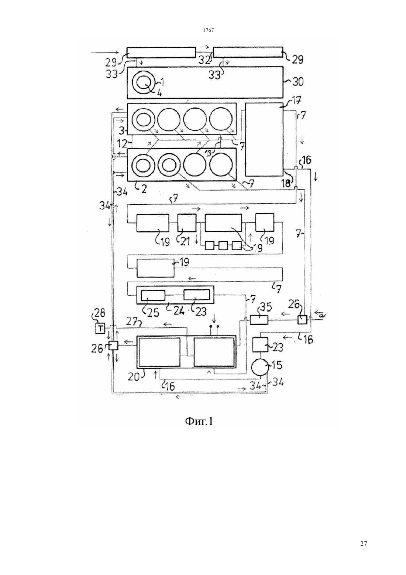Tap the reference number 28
click(99, 313)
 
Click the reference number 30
click(297, 82)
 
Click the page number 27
click(364, 550)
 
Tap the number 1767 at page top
click(208, 30)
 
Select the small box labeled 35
click(259, 320)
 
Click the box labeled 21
click(187, 223)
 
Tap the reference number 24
click(179, 311)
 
